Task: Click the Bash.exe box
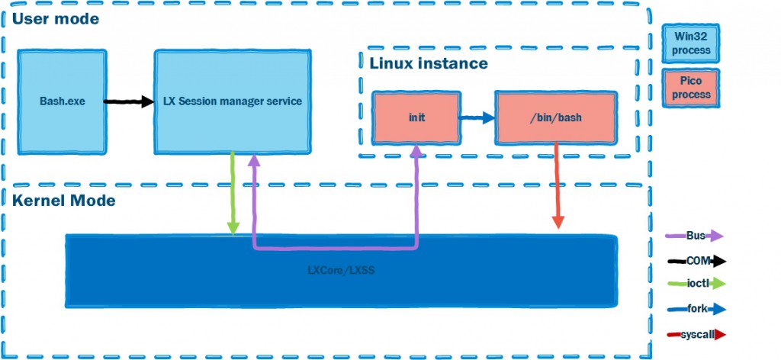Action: point(62,101)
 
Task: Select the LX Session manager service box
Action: point(233,101)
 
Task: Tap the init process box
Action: point(416,118)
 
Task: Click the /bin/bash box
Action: point(554,118)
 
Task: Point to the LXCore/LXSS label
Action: point(341,271)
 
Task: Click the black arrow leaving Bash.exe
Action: point(130,101)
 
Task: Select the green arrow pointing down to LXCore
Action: point(233,194)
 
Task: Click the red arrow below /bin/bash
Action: point(558,187)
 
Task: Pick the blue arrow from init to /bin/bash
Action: point(477,118)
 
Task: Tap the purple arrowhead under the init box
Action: point(416,153)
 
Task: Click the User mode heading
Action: point(55,19)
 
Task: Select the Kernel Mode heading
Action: point(63,201)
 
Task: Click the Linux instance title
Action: point(428,63)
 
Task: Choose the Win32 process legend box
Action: point(691,43)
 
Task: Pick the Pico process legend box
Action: point(691,88)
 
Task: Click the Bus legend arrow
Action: point(695,236)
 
